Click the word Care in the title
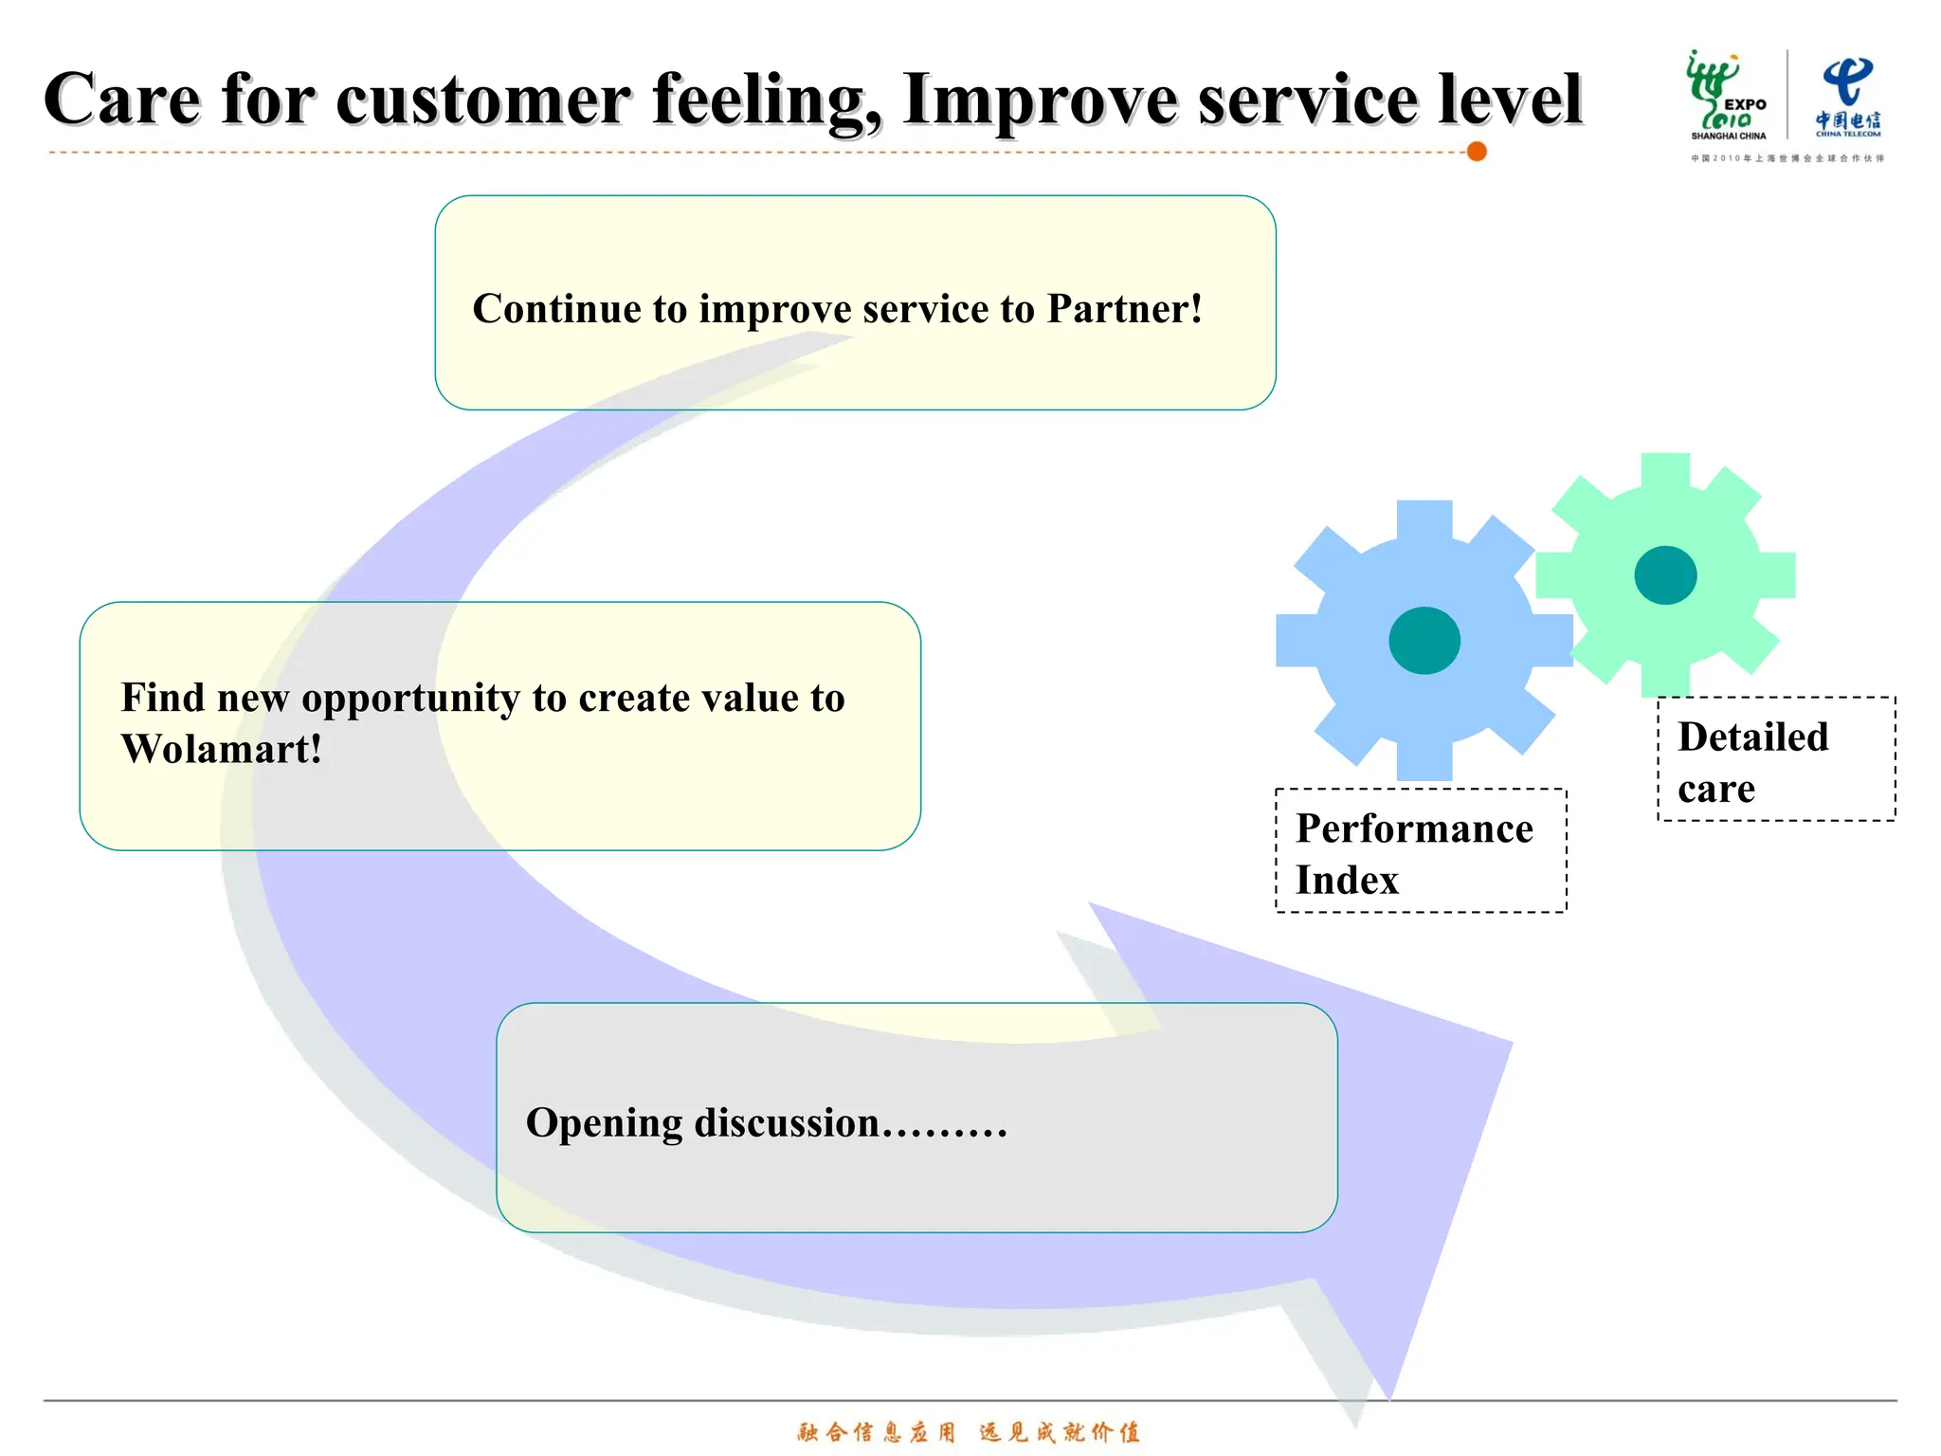[x=122, y=100]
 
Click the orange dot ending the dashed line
[x=1476, y=152]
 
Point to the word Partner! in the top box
[x=1124, y=309]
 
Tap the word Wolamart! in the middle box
[x=222, y=749]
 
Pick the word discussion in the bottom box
[x=787, y=1123]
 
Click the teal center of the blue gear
[x=1424, y=641]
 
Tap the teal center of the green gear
[x=1665, y=575]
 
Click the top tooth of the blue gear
[x=1424, y=519]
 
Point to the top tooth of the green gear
[x=1665, y=470]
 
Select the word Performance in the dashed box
[x=1414, y=829]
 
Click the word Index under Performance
[x=1347, y=881]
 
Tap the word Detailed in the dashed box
[x=1752, y=737]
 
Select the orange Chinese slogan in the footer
[x=969, y=1431]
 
